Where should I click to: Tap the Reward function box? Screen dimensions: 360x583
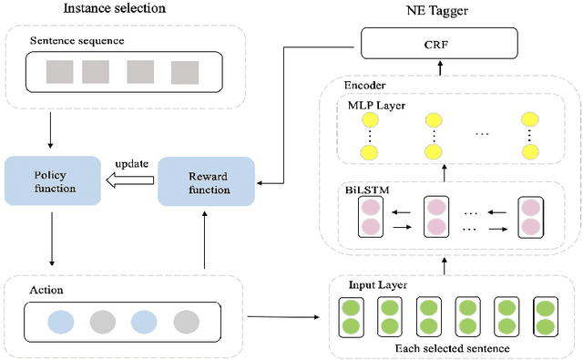[x=207, y=180]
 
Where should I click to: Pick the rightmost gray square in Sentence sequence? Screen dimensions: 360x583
[x=185, y=73]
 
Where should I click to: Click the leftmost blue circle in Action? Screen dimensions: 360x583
[x=61, y=321]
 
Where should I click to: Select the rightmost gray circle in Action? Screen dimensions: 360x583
[x=186, y=321]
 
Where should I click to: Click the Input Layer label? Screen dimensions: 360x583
[x=376, y=284]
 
